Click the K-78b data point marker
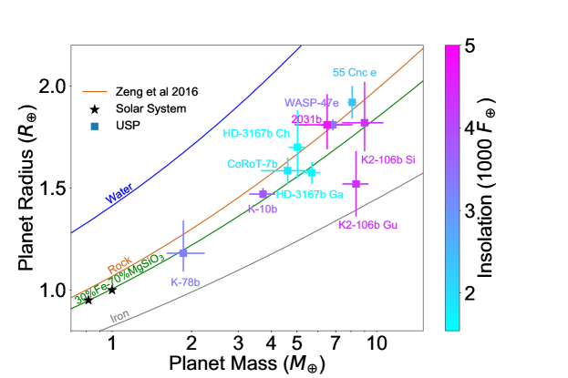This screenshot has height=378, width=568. [183, 252]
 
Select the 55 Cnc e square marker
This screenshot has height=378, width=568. [352, 102]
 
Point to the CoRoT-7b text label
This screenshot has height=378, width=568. [253, 164]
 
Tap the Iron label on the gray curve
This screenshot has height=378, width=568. [119, 317]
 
